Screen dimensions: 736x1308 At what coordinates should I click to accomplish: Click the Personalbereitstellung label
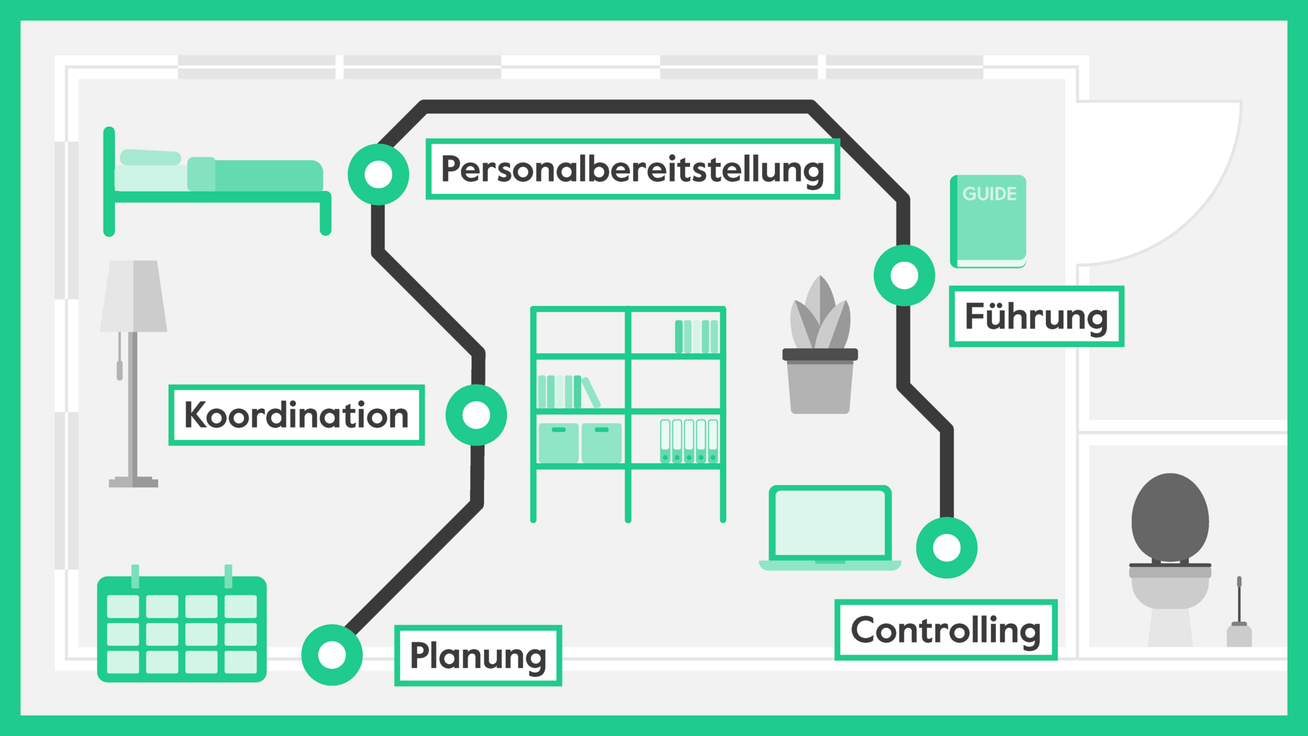(x=632, y=169)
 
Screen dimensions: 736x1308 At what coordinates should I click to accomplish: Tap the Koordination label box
(x=296, y=415)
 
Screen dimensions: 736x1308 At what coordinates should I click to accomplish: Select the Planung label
(x=478, y=656)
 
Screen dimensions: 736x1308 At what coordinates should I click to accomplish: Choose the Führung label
(x=1036, y=317)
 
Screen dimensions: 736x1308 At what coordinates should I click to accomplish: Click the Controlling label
(x=946, y=630)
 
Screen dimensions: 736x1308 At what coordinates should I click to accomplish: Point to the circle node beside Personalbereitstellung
(x=378, y=175)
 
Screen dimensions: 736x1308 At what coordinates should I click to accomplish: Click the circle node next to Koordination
(x=476, y=415)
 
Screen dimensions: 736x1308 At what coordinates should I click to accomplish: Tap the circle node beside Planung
(x=332, y=655)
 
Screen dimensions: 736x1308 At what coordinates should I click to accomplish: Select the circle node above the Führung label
(x=904, y=275)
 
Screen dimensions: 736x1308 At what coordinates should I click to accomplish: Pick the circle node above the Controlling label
(x=946, y=548)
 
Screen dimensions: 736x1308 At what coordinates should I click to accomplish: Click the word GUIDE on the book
(x=990, y=194)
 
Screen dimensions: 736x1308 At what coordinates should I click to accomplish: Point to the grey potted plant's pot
(x=820, y=386)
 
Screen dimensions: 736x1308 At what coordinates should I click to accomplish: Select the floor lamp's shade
(x=134, y=296)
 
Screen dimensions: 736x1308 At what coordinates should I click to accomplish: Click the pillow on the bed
(x=150, y=157)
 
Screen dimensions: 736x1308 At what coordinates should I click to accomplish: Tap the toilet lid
(x=1170, y=517)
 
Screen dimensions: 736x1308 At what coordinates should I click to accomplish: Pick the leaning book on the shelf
(x=591, y=393)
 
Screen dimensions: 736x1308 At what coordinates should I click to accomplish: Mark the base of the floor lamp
(x=133, y=483)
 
